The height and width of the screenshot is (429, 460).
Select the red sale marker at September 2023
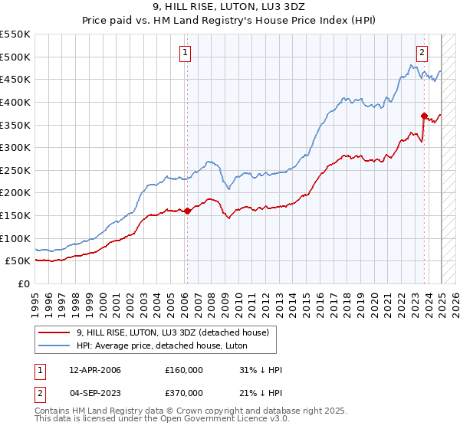click(424, 116)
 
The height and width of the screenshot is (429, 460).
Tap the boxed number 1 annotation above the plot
click(186, 53)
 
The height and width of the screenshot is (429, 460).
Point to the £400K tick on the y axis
click(15, 102)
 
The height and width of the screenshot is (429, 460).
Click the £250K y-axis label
click(15, 170)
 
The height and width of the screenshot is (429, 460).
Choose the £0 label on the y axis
click(23, 283)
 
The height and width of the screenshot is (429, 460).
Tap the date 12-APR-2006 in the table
click(94, 370)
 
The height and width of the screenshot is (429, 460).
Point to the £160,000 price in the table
click(184, 370)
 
